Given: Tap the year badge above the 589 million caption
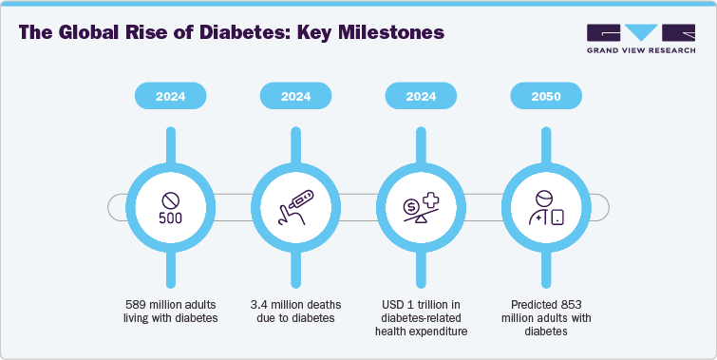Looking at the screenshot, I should (171, 96).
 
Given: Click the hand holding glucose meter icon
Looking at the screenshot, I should (294, 205).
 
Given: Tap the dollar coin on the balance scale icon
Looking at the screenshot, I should (410, 205).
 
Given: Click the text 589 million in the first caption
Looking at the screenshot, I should (157, 304).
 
